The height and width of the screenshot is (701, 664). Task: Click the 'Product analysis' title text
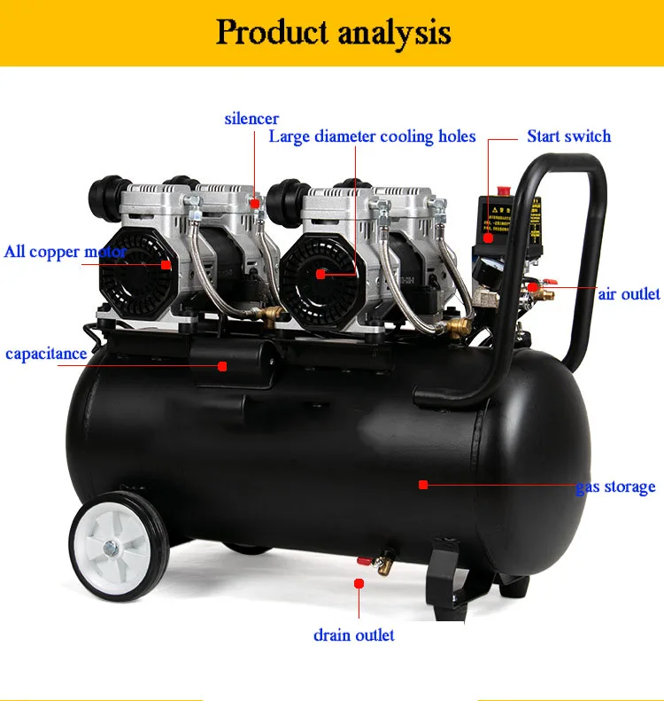point(333,33)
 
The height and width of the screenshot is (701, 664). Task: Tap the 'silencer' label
point(251,118)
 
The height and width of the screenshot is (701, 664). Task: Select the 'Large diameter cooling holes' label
point(372,136)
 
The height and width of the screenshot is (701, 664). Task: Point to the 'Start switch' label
point(568,136)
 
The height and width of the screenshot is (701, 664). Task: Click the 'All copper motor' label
point(65,252)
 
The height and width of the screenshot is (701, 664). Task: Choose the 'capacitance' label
point(46,354)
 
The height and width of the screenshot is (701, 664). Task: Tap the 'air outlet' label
point(629,293)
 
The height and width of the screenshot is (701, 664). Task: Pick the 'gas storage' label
point(615,487)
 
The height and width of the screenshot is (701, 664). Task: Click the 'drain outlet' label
point(354,635)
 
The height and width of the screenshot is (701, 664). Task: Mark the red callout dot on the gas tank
point(423,485)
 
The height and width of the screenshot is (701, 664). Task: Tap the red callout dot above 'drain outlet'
point(359,583)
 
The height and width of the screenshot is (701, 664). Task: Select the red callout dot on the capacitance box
point(223,365)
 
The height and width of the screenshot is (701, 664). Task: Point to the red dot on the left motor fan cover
point(166,264)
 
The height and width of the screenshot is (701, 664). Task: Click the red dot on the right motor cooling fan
point(320,274)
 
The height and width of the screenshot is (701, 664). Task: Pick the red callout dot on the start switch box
point(488,237)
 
